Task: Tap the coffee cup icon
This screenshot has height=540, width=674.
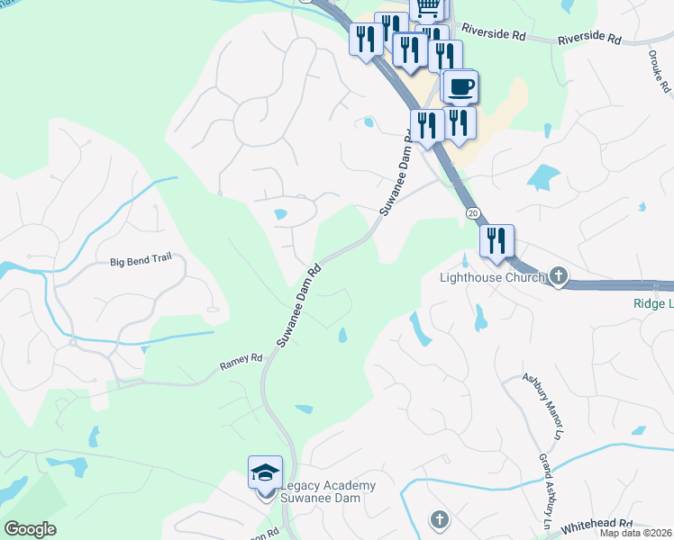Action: point(460,87)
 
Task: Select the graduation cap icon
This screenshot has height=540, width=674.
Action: point(266,472)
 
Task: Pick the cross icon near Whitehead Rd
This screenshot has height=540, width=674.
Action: point(439,519)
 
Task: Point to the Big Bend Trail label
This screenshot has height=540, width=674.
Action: point(141,261)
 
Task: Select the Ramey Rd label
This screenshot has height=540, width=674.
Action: point(241,362)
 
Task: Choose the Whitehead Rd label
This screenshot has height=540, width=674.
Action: point(597,526)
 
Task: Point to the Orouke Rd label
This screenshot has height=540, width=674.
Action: point(660,70)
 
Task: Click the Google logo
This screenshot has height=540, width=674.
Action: point(30,529)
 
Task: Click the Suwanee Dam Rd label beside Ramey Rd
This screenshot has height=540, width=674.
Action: point(299,306)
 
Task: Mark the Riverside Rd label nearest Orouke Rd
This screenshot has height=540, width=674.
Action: point(589,40)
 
